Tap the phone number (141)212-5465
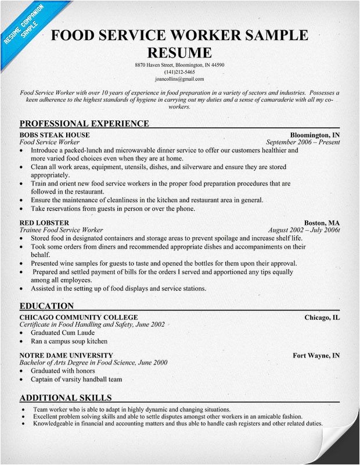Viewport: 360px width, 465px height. pyautogui.click(x=179, y=71)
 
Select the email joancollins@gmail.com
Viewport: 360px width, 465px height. pyautogui.click(x=179, y=78)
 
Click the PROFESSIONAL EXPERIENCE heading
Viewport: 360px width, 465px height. pyautogui.click(x=84, y=123)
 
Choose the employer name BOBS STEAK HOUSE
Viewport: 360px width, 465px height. pyautogui.click(x=55, y=135)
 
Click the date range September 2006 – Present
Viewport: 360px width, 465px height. pyautogui.click(x=303, y=142)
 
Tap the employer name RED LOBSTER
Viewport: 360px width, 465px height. pyautogui.click(x=44, y=223)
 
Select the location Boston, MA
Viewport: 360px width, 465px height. pyautogui.click(x=322, y=223)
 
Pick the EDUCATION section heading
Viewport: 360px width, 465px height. pyautogui.click(x=46, y=306)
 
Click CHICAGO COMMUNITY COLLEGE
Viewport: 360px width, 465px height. pyautogui.click(x=78, y=317)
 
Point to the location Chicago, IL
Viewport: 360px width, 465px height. pyautogui.click(x=322, y=317)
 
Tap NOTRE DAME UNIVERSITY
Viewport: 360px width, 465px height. pyautogui.click(x=66, y=355)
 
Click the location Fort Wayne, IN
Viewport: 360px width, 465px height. pyautogui.click(x=316, y=355)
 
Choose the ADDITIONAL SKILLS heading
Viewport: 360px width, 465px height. pyautogui.click(x=66, y=398)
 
